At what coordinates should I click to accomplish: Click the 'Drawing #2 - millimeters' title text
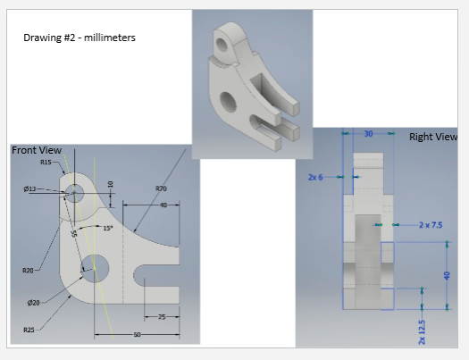[80, 38]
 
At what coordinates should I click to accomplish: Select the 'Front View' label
[36, 151]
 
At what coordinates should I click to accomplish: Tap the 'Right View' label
[433, 137]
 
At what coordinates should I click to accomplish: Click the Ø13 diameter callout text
[29, 189]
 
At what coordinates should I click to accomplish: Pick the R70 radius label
[161, 188]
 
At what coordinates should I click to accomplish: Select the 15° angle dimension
[107, 229]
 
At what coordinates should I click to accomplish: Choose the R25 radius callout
[29, 331]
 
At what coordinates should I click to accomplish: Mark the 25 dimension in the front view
[162, 317]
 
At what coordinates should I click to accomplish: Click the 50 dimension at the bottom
[137, 334]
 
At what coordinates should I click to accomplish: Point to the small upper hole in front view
[73, 192]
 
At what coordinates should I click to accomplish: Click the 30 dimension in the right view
[368, 134]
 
